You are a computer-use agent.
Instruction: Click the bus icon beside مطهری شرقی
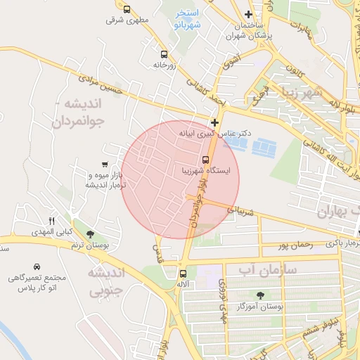[x=127, y=10]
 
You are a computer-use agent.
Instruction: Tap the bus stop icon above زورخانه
[x=164, y=53]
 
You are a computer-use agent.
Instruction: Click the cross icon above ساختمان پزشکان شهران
[x=248, y=15]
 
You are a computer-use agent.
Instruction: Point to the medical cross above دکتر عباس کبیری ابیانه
[x=214, y=122]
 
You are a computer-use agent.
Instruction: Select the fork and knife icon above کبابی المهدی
[x=51, y=221]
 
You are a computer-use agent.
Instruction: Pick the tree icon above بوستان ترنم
[x=89, y=234]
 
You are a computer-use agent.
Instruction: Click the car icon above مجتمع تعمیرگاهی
[x=36, y=267]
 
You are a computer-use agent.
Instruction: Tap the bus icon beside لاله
[x=183, y=274]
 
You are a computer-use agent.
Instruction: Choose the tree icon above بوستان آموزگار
[x=261, y=296]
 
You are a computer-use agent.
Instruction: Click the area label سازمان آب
[x=268, y=270]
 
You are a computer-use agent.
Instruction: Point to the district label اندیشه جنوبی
[x=105, y=281]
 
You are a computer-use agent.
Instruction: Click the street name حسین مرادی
[x=106, y=86]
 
